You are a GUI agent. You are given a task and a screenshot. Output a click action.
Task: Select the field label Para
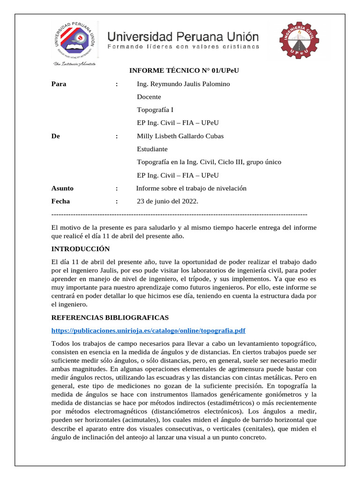pos(59,84)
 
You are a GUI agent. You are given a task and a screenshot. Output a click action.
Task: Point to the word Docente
pos(149,97)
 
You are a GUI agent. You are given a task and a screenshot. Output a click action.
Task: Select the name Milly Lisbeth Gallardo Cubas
pos(180,136)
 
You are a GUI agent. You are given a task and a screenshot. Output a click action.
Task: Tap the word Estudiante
pos(152,149)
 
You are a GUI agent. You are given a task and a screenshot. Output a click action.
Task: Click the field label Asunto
pos(62,188)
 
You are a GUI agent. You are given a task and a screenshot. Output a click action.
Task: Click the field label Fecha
pos(60,201)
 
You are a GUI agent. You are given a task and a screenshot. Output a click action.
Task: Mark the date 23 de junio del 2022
pos(167,202)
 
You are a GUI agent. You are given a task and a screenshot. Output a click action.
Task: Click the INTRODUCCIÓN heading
pos(80,249)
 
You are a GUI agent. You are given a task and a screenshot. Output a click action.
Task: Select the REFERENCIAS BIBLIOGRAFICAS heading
pos(110,318)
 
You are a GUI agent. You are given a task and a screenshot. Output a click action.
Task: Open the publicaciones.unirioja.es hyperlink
pos(148,330)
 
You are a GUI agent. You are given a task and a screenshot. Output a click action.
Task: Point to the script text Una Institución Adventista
pos(75,64)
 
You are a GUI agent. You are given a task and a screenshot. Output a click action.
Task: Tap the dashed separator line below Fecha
pos(179,214)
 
